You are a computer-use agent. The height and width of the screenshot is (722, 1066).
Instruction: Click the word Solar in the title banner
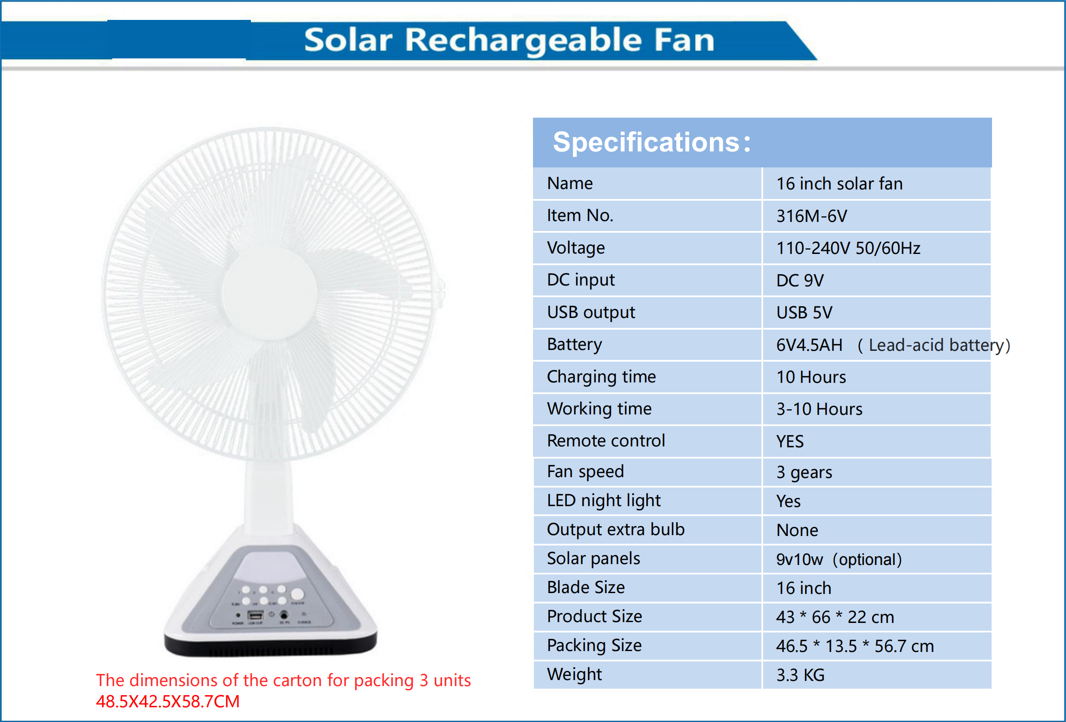click(348, 40)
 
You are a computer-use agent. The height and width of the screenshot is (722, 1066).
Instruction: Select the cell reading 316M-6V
click(812, 216)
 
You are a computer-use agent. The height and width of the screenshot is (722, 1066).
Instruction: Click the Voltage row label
click(576, 248)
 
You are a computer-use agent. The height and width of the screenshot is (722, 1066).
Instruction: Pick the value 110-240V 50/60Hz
click(848, 248)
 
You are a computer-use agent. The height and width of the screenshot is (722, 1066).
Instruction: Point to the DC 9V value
click(800, 280)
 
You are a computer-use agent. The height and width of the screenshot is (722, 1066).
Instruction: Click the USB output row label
click(591, 312)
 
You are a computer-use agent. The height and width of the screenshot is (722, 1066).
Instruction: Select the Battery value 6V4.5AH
click(809, 345)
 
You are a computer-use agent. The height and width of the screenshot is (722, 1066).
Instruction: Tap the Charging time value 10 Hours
click(811, 377)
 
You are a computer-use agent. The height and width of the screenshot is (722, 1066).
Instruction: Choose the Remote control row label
click(606, 441)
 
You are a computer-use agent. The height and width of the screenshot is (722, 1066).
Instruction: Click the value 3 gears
click(804, 472)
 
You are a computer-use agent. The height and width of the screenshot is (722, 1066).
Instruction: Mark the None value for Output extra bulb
click(797, 530)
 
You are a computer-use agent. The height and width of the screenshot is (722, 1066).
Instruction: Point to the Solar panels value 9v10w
click(799, 560)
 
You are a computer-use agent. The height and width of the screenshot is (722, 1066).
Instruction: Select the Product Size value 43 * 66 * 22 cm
click(835, 617)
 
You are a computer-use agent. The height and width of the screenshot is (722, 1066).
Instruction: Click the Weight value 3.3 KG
click(800, 675)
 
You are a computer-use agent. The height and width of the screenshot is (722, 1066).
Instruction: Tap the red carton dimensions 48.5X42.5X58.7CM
click(167, 701)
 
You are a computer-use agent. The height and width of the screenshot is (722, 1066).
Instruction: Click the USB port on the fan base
click(256, 615)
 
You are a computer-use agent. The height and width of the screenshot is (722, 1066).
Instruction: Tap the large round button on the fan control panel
click(297, 594)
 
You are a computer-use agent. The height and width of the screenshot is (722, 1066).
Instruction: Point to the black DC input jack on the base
click(284, 615)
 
